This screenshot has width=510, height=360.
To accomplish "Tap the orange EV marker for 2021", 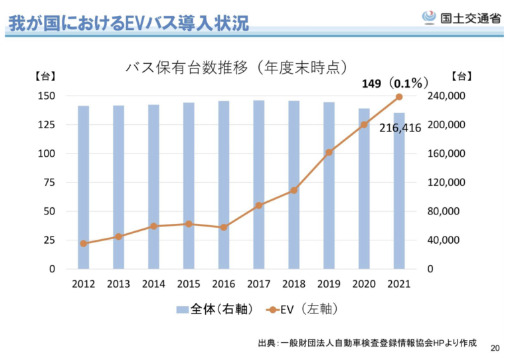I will (x=399, y=97).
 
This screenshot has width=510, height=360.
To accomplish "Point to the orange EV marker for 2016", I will (x=224, y=227).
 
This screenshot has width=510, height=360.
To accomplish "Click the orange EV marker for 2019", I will (x=329, y=152).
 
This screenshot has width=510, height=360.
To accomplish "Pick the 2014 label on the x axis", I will (x=153, y=284).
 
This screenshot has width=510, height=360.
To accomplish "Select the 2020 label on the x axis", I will (x=364, y=284).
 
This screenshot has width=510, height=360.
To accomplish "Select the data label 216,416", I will (x=400, y=128).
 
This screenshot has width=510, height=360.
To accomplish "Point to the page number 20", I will (x=494, y=348).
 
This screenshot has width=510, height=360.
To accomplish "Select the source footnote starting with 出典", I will (x=367, y=343).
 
